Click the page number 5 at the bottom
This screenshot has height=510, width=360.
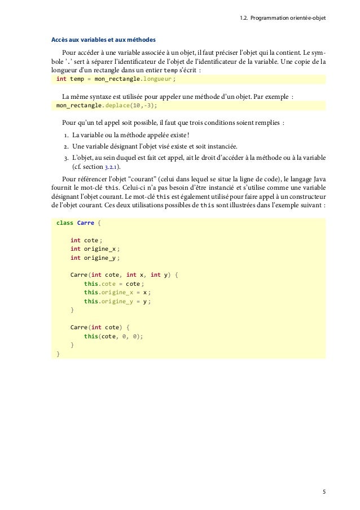324,491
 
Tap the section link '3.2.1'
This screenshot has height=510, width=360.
117,167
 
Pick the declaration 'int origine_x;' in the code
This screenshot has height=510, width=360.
94,249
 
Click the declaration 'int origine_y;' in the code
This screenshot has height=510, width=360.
94,259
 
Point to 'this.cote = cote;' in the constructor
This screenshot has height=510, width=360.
113,284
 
